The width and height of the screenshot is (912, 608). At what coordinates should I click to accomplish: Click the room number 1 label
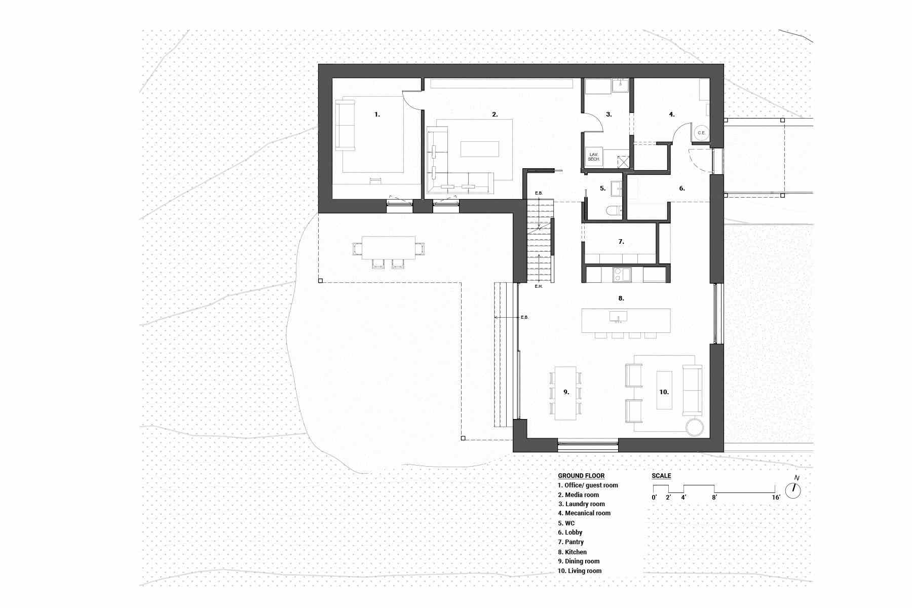[377, 115]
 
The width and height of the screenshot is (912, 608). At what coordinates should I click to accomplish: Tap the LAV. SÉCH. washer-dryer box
[593, 157]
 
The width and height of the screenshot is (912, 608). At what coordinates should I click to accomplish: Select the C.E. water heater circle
[701, 133]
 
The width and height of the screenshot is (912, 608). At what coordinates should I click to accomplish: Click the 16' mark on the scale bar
[776, 498]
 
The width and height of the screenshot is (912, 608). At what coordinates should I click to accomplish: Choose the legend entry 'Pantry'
[571, 542]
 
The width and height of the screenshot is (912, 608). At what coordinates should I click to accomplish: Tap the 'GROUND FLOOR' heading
[581, 476]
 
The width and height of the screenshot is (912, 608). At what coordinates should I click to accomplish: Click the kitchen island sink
[618, 316]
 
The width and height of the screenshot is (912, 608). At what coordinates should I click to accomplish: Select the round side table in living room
[695, 427]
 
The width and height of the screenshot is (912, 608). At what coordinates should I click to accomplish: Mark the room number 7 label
[621, 242]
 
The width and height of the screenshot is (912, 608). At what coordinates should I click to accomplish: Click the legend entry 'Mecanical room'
[584, 513]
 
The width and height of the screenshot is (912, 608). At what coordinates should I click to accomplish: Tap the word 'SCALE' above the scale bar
[661, 476]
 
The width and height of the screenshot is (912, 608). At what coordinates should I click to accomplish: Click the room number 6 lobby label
[682, 188]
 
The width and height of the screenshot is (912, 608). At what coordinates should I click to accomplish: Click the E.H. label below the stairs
[539, 287]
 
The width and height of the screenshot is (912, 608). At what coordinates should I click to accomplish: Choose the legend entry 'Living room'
[580, 571]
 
